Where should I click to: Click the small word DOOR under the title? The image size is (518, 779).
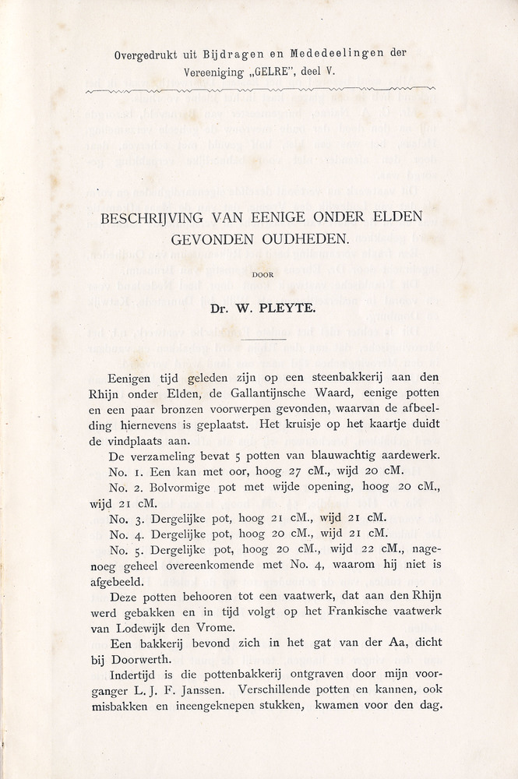pos(262,273)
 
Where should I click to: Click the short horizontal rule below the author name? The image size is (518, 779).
pos(262,338)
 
